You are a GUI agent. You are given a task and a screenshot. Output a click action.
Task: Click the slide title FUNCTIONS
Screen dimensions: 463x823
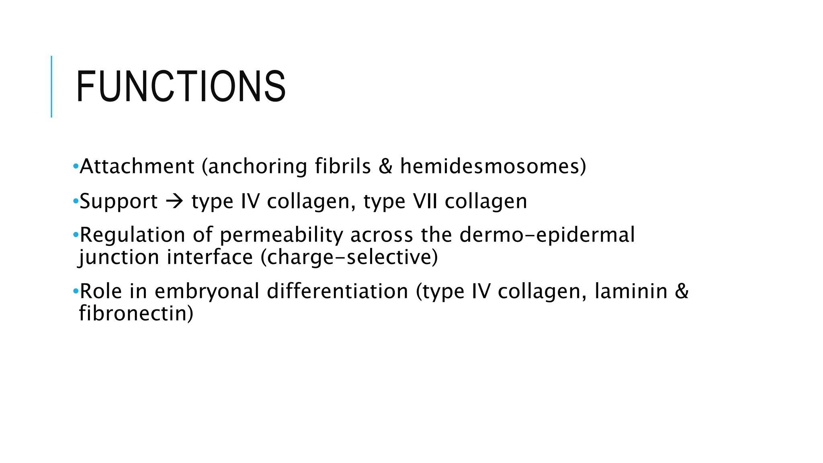[x=181, y=86]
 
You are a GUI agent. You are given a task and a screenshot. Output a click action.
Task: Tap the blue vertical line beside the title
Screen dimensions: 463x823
[x=51, y=86]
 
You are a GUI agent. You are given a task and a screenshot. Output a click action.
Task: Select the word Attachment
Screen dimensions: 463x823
[x=137, y=166]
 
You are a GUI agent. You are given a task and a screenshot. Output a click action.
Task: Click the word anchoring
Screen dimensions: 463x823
[x=258, y=166]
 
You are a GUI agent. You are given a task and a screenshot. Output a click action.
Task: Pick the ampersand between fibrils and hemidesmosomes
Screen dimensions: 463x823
[x=385, y=166]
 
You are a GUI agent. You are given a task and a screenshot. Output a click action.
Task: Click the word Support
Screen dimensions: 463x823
[x=119, y=201]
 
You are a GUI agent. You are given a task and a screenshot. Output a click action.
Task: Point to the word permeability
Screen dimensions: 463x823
[x=281, y=236]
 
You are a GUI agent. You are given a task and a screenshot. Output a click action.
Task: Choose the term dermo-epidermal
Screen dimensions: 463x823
[x=547, y=235]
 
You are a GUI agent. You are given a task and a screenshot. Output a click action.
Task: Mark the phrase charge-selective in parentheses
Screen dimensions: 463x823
[x=350, y=257]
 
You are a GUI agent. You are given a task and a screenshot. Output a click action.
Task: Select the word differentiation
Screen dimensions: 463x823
[x=338, y=291]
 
